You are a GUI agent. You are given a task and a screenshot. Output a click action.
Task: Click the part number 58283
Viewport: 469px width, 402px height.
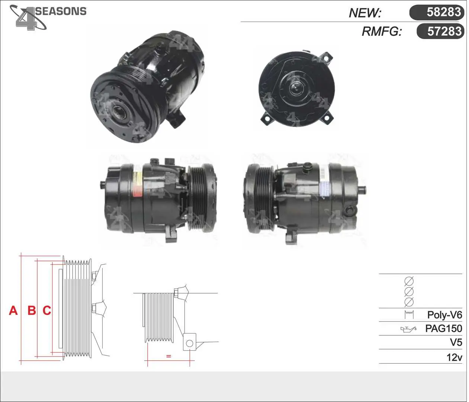tap(444, 12)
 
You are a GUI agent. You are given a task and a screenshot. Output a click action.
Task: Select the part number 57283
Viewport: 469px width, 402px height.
tap(444, 31)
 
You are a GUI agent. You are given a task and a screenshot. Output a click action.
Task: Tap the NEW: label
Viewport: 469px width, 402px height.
tap(365, 13)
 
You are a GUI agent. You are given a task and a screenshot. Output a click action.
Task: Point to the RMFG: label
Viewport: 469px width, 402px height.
tap(382, 31)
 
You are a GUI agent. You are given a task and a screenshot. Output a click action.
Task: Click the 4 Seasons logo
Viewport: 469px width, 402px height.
tap(48, 17)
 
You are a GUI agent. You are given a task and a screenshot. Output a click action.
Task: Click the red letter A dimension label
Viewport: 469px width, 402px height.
tap(13, 311)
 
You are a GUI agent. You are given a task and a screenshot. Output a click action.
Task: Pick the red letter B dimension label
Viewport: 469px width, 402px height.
tap(32, 311)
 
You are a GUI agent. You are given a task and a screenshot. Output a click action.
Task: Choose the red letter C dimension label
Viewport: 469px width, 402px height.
tap(47, 311)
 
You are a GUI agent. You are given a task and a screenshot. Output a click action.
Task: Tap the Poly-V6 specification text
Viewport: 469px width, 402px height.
tap(444, 315)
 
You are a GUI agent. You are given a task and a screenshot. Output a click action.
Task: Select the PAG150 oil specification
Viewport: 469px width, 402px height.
tap(444, 329)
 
